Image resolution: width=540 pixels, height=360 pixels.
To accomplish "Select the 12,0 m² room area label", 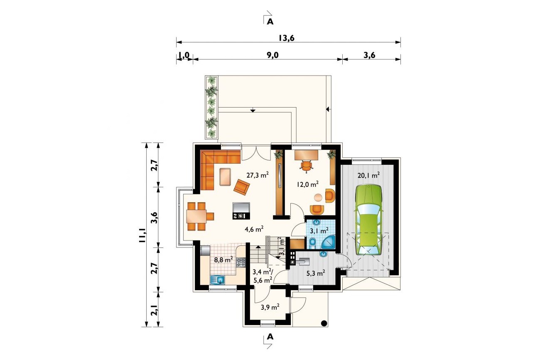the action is click(x=308, y=184).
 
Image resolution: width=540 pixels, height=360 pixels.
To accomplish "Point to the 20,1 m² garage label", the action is click(x=369, y=175).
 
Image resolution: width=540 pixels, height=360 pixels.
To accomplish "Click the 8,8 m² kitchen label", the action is click(x=223, y=260).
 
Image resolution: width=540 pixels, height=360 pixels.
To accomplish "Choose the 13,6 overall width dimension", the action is click(x=287, y=38).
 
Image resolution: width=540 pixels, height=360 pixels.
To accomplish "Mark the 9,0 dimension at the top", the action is click(x=272, y=55).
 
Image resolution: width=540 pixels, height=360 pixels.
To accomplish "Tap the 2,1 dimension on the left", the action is click(x=154, y=310).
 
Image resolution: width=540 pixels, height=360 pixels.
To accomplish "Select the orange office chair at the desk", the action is click(x=307, y=167).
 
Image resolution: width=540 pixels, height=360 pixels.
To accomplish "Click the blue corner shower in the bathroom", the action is click(x=328, y=242).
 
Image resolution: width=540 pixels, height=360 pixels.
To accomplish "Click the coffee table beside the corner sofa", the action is click(x=225, y=177).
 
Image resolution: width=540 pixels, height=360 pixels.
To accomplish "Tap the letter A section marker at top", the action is click(x=270, y=22).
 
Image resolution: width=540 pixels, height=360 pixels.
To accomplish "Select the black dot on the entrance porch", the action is click(x=324, y=323).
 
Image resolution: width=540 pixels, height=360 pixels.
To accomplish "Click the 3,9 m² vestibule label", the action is click(x=270, y=307).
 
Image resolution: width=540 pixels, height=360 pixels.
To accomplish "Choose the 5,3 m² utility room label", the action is click(x=316, y=273).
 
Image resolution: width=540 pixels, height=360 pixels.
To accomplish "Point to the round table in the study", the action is click(x=318, y=198).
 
